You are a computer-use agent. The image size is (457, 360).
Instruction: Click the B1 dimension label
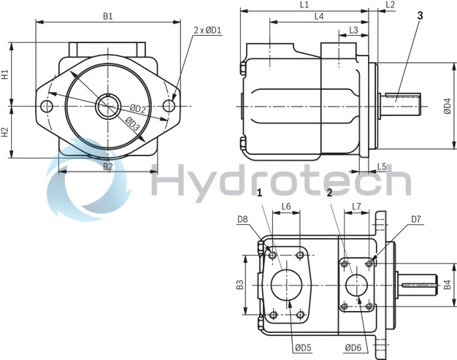click(x=107, y=15)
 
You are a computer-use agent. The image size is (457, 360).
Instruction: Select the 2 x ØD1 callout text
click(x=208, y=30)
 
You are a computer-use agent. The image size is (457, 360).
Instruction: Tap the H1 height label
click(x=5, y=74)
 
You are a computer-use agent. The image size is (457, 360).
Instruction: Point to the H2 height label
click(x=5, y=132)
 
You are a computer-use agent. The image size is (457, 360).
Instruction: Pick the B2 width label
click(x=107, y=166)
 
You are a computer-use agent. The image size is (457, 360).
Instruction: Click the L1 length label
click(x=304, y=5)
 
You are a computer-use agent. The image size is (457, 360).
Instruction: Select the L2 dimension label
click(x=390, y=5)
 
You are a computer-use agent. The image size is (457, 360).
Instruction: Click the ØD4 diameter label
click(x=448, y=107)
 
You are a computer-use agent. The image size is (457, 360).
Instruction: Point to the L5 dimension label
click(x=382, y=166)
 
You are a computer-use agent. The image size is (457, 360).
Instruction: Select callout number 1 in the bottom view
click(x=259, y=193)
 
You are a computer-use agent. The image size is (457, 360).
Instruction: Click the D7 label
click(x=415, y=218)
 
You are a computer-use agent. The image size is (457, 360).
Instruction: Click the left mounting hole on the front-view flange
click(x=48, y=107)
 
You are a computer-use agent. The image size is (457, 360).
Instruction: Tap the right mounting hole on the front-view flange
click(x=169, y=107)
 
